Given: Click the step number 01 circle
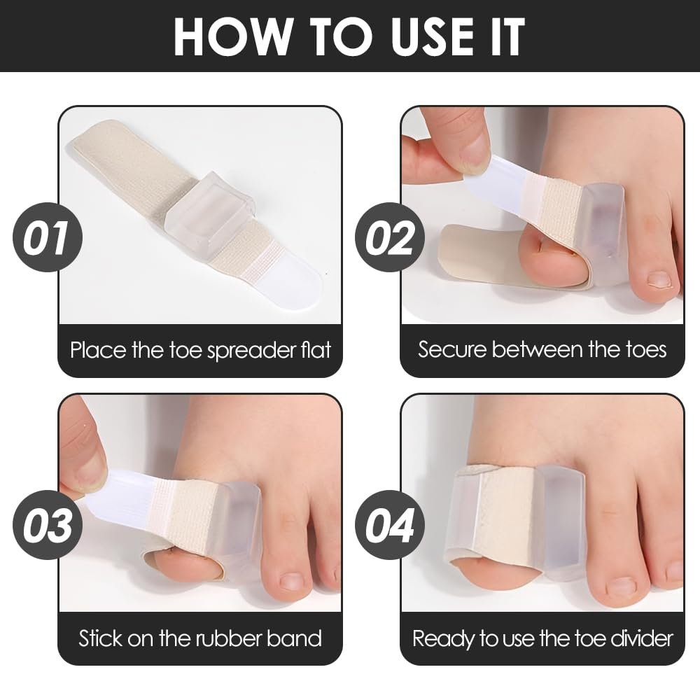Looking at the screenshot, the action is pos(48,237).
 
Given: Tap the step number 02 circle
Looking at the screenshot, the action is pos(390,237).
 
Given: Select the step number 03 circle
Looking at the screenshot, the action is pos(48,524).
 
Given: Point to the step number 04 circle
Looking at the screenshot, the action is pos(390,524).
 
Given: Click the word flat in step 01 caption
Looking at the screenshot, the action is pos(316,350).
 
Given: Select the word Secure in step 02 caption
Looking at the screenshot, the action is pos(451,349).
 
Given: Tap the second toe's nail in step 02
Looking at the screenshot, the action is pos(659,279).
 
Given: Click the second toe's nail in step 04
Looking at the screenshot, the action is pos(620,585).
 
